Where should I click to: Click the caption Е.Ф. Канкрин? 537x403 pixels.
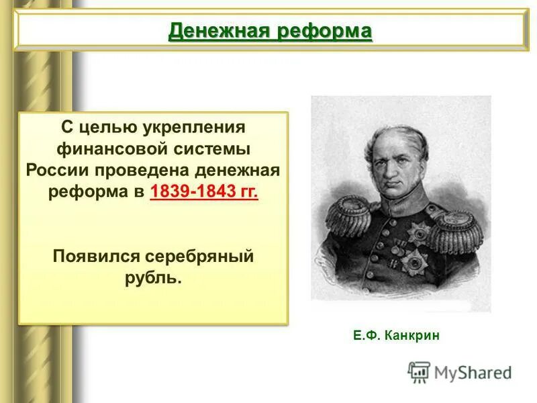[x=397, y=335]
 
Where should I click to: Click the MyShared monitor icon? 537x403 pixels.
[x=419, y=371]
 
